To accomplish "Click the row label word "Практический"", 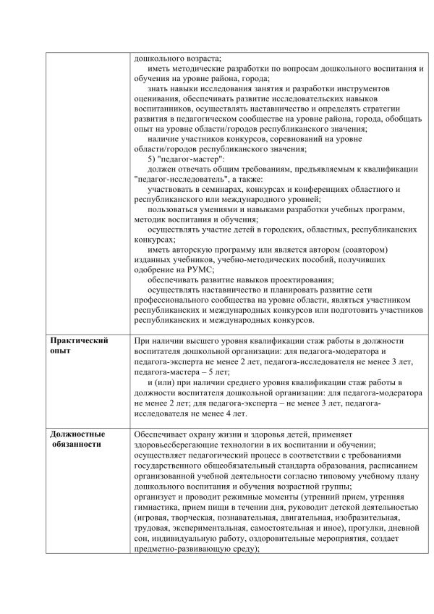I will pyautogui.click(x=79, y=340).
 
